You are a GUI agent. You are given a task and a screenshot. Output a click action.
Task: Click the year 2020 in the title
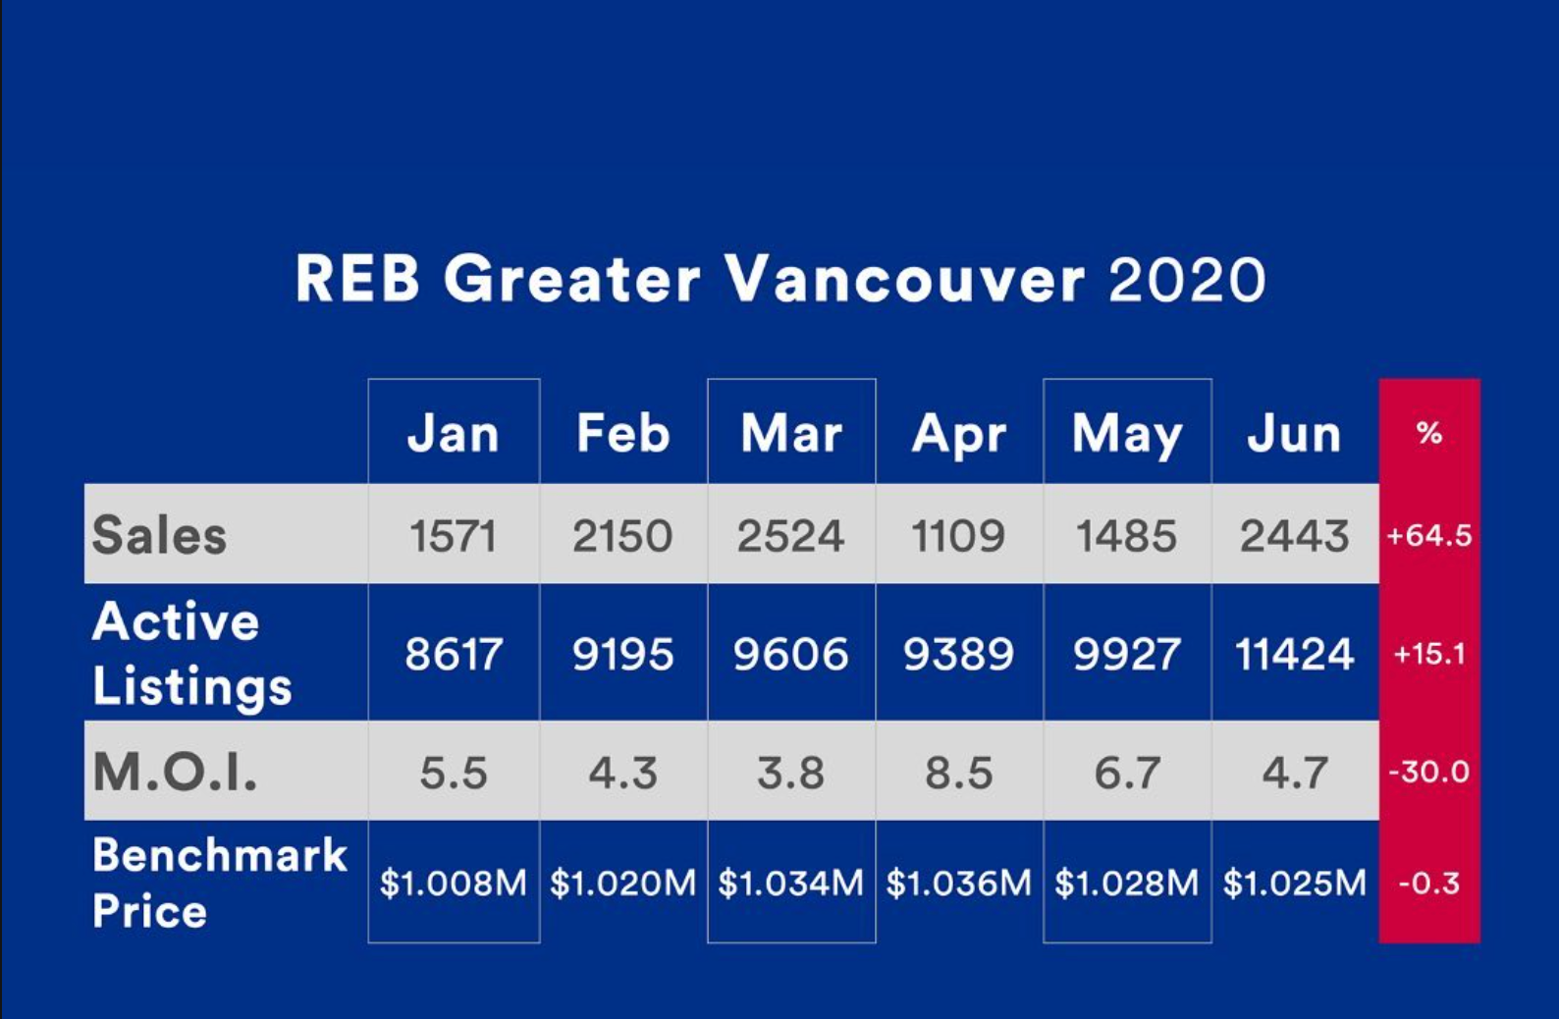click(x=1187, y=279)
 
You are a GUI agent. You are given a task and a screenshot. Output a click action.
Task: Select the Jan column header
click(x=454, y=434)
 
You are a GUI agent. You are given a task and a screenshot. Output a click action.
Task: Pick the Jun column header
click(x=1294, y=434)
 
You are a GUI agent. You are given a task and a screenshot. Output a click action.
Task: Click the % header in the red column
click(x=1428, y=433)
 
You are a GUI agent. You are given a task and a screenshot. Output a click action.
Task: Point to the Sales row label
click(x=159, y=535)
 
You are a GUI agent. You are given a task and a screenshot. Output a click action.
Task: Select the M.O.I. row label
click(x=175, y=772)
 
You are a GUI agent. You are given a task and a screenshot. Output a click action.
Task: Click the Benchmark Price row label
click(x=219, y=882)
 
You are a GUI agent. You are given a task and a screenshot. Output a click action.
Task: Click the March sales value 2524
click(x=790, y=536)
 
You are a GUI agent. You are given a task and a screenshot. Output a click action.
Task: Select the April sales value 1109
click(x=958, y=536)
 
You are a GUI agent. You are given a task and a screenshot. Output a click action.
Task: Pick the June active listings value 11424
click(x=1295, y=654)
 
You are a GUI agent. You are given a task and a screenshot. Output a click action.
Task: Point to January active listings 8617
click(x=454, y=654)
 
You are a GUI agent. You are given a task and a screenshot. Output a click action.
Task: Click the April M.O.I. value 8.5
click(x=958, y=773)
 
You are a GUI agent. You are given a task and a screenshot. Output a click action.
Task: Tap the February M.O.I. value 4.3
click(x=622, y=773)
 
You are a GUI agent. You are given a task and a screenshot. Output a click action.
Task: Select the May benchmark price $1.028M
click(x=1127, y=883)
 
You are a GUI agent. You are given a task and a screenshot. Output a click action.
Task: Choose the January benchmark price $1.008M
click(x=454, y=883)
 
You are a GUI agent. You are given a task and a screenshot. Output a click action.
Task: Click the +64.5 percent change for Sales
click(x=1428, y=536)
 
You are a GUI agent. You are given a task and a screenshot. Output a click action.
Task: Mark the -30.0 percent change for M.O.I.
click(x=1428, y=772)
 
